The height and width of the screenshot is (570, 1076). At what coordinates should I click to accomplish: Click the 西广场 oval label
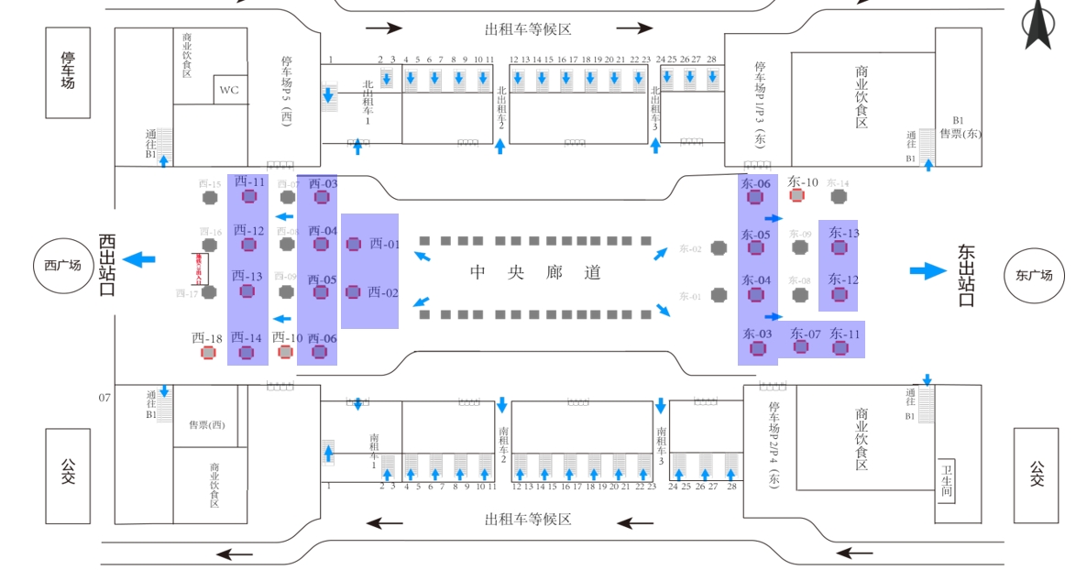[63, 266]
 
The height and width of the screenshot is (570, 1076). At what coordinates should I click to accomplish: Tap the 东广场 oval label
[1034, 274]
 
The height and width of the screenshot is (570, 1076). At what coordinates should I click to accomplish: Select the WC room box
[229, 90]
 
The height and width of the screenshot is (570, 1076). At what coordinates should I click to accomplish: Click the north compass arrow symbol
[1038, 26]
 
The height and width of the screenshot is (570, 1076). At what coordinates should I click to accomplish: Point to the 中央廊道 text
[535, 272]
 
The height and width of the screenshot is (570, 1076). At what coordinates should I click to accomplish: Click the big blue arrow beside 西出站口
[139, 259]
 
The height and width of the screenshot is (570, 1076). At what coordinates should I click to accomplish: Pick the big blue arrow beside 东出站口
[928, 270]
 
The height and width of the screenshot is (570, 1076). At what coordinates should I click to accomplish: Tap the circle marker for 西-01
[354, 244]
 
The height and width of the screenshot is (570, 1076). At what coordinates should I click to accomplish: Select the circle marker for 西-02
[353, 292]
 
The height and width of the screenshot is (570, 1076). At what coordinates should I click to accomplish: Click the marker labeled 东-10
[797, 195]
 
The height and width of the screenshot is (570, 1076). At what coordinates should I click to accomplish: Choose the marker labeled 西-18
[209, 353]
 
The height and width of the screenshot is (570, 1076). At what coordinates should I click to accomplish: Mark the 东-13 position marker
[839, 247]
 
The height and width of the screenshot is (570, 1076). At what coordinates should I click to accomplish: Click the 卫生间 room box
[947, 480]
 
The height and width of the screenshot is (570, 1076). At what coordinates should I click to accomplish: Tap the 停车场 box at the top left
[68, 72]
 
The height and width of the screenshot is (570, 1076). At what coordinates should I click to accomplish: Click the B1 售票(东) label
[959, 127]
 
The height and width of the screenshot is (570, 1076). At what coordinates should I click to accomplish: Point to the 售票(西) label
[206, 424]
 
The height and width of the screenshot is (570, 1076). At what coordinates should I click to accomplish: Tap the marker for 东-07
[801, 346]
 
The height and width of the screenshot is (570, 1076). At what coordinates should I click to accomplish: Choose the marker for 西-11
[248, 196]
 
